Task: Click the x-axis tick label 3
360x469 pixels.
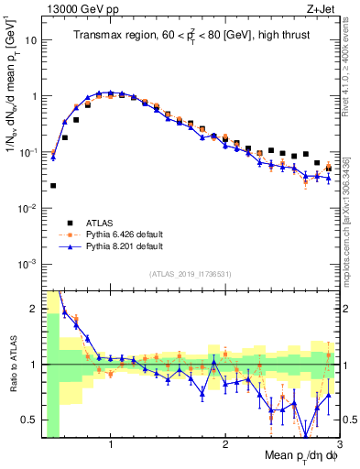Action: pyautogui.click(x=338, y=446)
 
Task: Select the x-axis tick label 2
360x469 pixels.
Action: pyautogui.click(x=224, y=446)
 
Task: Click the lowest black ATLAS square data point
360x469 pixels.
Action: pyautogui.click(x=53, y=186)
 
